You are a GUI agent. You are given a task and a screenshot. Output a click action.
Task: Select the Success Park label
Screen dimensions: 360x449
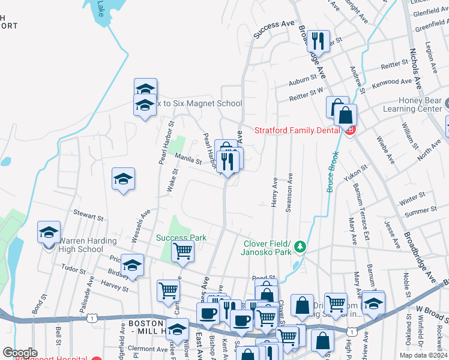coord(181,238)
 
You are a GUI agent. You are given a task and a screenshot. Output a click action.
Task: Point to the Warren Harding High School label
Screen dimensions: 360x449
coord(81,245)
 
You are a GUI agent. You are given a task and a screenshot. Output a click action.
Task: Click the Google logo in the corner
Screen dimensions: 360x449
coord(19,353)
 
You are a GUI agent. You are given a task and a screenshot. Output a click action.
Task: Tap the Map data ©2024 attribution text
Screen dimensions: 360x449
coord(423,355)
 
